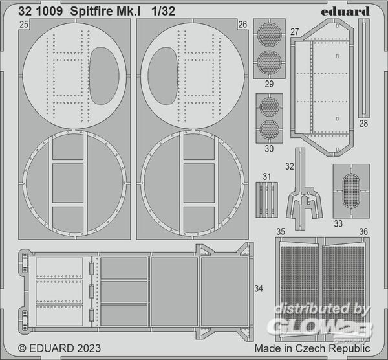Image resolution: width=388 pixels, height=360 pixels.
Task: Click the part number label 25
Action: [x=24, y=25]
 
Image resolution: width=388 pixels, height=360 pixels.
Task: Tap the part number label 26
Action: [x=242, y=25]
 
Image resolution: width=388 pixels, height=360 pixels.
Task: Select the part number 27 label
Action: [x=295, y=32]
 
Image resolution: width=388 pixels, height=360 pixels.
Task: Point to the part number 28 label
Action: [x=363, y=124]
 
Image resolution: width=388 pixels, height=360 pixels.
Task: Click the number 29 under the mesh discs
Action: [x=269, y=84]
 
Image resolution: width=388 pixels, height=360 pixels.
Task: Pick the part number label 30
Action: [x=269, y=149]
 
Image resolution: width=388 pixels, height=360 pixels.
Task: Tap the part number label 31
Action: [x=266, y=177]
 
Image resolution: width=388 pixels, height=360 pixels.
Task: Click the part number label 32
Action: [x=290, y=166]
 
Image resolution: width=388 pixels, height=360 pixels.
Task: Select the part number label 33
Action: [x=338, y=224]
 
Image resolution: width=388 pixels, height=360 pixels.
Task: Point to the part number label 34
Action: [x=259, y=288]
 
